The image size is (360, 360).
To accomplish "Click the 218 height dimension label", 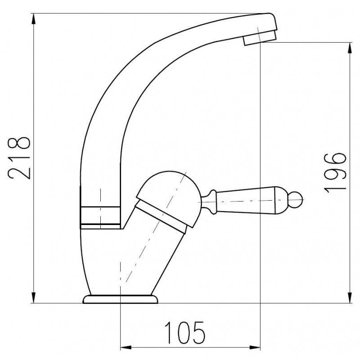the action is [x=19, y=158].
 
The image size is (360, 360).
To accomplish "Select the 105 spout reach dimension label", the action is [x=184, y=332].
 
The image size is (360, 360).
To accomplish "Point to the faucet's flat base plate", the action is [x=120, y=299].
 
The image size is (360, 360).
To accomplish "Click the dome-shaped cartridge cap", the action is [x=169, y=198].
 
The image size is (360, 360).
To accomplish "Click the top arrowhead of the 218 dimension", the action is [x=33, y=19].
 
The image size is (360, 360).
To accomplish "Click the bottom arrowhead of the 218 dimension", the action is [x=33, y=297].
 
